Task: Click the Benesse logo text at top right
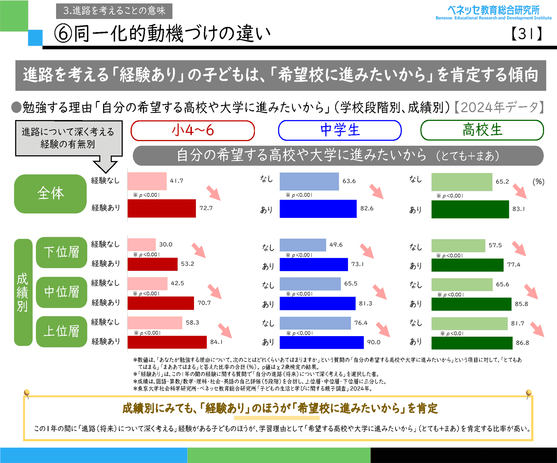(x=493, y=12)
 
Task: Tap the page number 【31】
(x=526, y=33)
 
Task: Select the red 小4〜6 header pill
(x=192, y=130)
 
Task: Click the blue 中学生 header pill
(x=340, y=130)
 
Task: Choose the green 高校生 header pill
(x=482, y=130)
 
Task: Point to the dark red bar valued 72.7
(x=162, y=208)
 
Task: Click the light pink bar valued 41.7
(x=147, y=181)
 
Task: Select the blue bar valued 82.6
(x=318, y=209)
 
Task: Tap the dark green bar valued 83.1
(x=470, y=209)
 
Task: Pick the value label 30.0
(x=166, y=244)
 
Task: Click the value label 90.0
(x=373, y=342)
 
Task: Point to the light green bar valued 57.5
(x=458, y=245)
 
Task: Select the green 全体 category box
(x=50, y=194)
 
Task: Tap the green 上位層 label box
(x=62, y=331)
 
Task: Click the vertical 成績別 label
(x=23, y=292)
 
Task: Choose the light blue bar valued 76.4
(x=315, y=323)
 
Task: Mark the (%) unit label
(x=538, y=182)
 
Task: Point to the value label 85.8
(x=521, y=304)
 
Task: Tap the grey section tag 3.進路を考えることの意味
(x=114, y=11)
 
